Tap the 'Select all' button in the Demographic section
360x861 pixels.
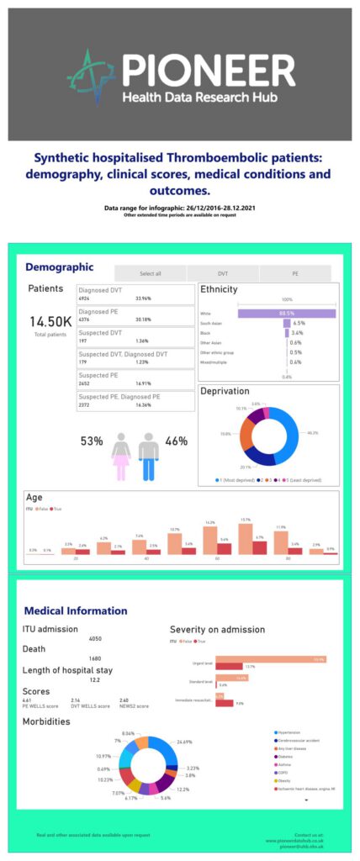(x=150, y=273)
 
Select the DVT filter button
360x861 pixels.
(x=222, y=273)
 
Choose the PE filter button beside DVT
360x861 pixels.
(x=294, y=273)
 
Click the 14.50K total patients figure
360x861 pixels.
(x=50, y=321)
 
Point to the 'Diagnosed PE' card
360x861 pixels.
(x=130, y=315)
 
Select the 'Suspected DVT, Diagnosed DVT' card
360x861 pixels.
(x=130, y=357)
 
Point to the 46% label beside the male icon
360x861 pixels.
(x=176, y=441)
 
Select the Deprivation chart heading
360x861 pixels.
(x=225, y=392)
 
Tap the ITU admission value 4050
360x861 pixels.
(x=94, y=639)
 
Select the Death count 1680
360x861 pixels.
(x=94, y=659)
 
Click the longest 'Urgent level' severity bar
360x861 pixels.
(x=270, y=660)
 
